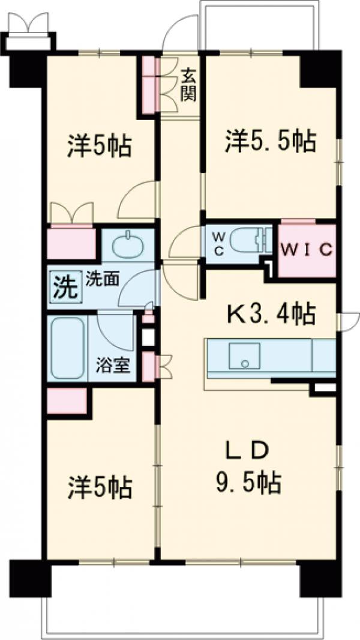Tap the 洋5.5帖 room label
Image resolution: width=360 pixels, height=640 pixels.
point(271,143)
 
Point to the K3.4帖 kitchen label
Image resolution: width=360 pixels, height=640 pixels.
point(271,312)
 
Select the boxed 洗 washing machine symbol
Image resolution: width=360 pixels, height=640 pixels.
point(64,286)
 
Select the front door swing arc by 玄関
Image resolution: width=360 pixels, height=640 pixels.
point(180,33)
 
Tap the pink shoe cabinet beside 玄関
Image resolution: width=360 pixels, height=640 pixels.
point(149,84)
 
